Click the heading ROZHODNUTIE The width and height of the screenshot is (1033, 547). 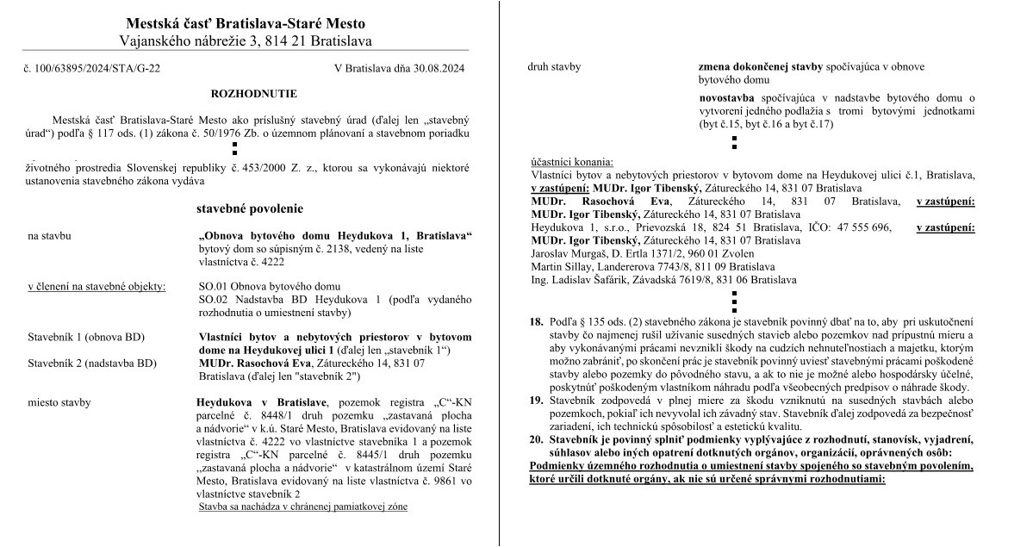coord(253,93)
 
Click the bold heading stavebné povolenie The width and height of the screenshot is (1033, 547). coord(250,209)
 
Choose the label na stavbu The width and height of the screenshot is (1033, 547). coord(49,235)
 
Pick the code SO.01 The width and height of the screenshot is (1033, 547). coord(214,286)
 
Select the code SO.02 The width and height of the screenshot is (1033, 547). coord(214,299)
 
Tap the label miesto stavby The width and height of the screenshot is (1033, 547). coord(59,402)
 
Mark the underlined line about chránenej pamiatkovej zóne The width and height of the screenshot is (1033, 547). coord(302,507)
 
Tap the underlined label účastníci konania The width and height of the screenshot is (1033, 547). coord(572,162)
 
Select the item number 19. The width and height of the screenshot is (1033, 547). coord(536,401)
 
